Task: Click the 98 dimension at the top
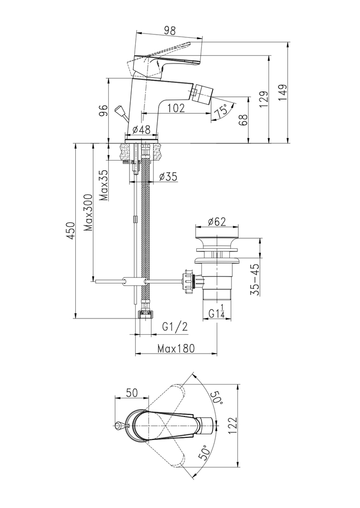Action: pos(169,30)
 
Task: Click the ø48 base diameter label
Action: pos(140,130)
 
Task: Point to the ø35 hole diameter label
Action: pos(167,177)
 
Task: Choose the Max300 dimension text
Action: pos(88,212)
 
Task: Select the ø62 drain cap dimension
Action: pos(218,221)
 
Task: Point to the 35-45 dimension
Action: pos(255,279)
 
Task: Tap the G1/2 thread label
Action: pos(175,327)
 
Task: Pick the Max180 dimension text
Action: pos(176,349)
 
